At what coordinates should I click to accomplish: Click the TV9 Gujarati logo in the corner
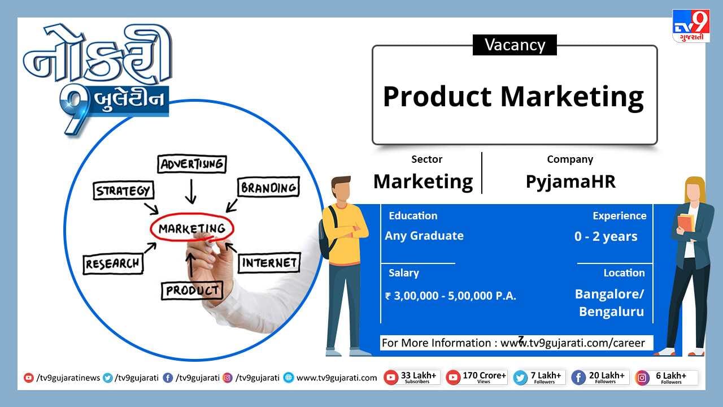691,26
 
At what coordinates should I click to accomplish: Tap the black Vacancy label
515,45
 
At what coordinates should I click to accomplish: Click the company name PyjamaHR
570,181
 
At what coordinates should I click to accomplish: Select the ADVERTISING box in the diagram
192,164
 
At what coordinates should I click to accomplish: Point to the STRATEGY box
123,190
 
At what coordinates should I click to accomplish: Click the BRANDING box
268,187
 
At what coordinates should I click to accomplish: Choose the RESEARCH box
113,264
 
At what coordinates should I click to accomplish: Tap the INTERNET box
269,263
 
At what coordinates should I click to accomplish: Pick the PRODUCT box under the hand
192,291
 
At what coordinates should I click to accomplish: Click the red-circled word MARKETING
192,228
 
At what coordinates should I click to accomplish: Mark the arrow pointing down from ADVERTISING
191,191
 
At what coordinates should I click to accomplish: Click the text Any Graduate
424,236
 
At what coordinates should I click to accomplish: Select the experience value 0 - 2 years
606,237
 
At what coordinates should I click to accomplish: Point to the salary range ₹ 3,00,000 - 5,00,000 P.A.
451,296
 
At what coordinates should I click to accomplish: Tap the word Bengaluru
611,311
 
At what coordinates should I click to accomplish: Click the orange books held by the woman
686,223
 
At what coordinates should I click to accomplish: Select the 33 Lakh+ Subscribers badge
412,378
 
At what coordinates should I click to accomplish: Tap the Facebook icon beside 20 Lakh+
578,378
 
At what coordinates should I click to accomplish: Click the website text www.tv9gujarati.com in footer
336,378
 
